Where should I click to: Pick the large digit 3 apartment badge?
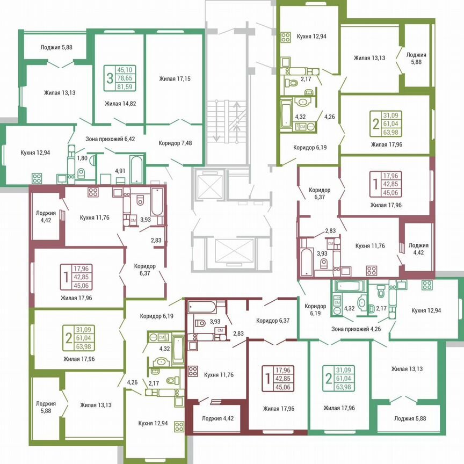pos(110,78)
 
